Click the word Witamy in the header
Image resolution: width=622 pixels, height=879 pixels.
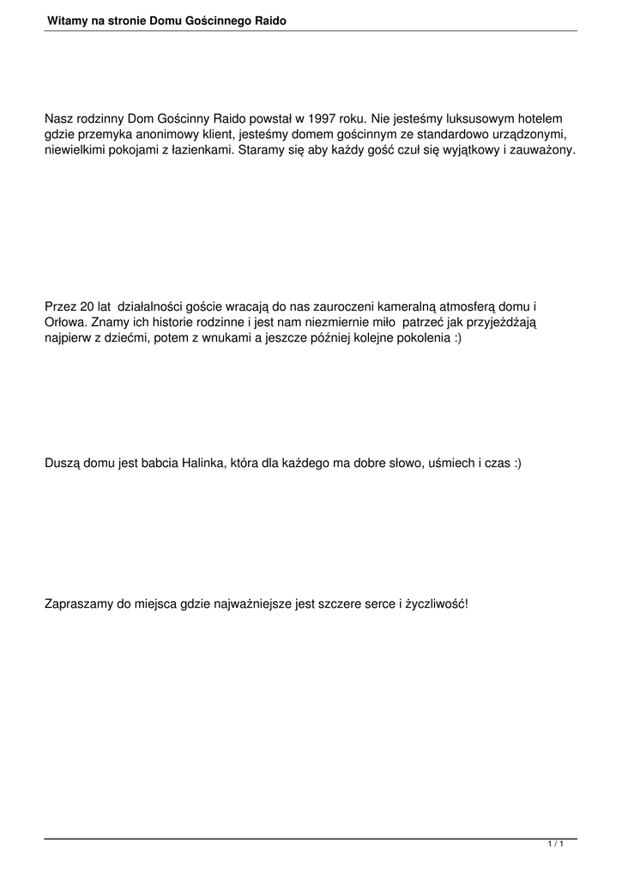[67, 19]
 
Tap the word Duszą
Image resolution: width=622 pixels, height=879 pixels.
[62, 464]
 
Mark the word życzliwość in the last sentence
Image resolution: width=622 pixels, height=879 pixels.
[437, 604]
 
